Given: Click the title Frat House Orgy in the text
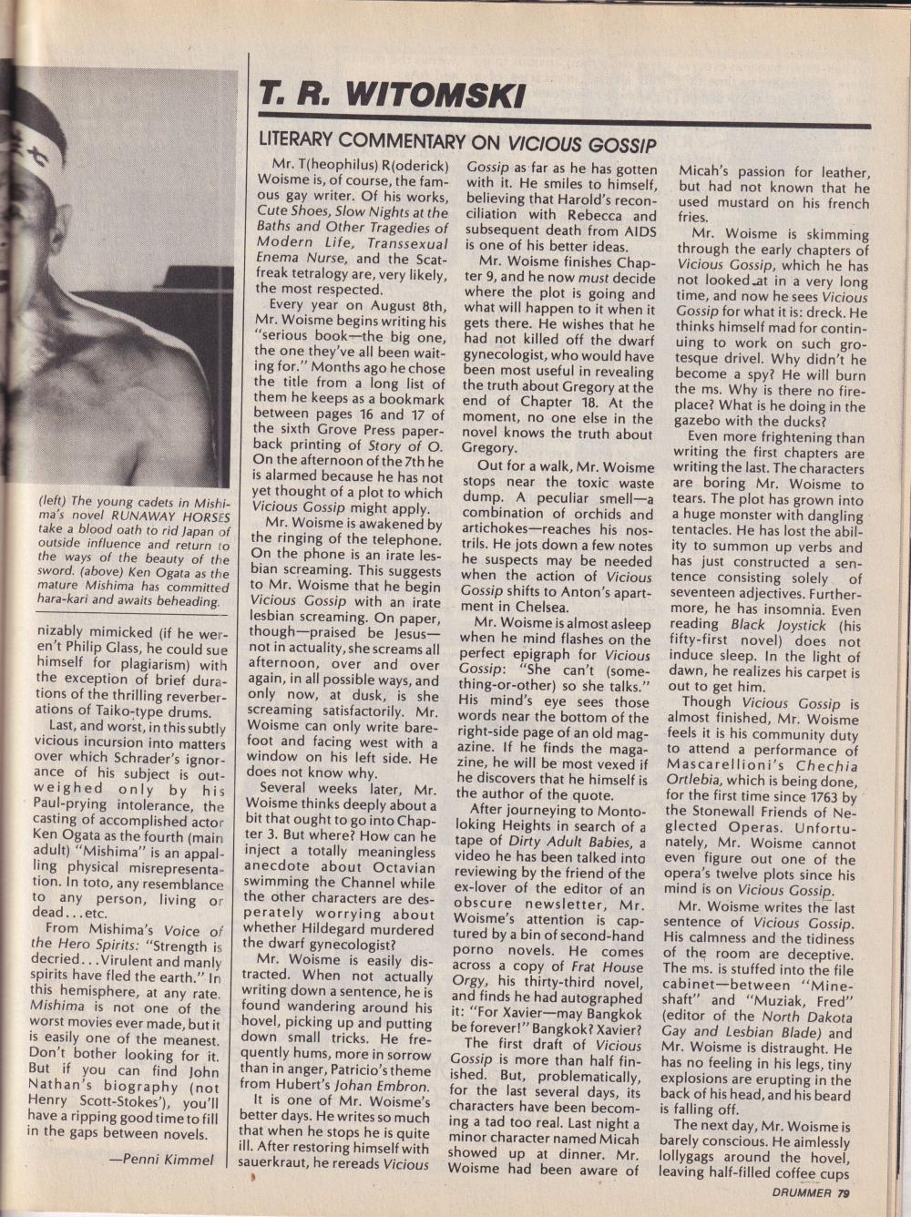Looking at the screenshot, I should pos(548,972).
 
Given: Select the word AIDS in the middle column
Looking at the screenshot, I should pos(639,232).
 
